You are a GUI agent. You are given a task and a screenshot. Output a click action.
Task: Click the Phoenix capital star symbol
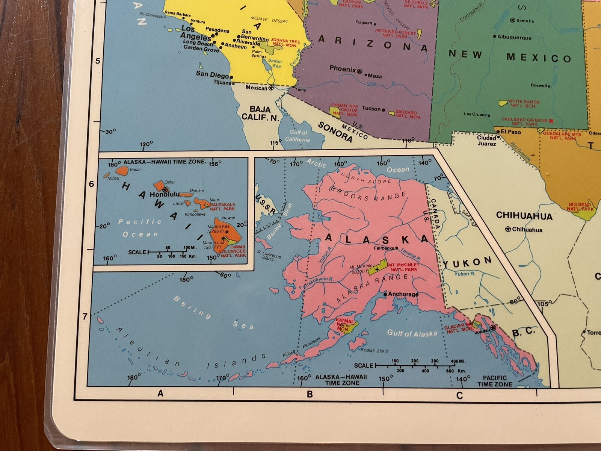pyautogui.click(x=359, y=71)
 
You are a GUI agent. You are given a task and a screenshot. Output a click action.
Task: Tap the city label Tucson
pyautogui.click(x=371, y=109)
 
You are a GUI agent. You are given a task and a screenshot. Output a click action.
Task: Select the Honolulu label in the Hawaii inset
pyautogui.click(x=165, y=195)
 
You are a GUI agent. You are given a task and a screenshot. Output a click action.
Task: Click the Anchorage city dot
pyautogui.click(x=385, y=295)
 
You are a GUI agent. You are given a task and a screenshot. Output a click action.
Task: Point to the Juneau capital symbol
pyautogui.click(x=493, y=328)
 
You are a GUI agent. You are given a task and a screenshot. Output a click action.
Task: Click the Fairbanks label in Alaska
pyautogui.click(x=384, y=248)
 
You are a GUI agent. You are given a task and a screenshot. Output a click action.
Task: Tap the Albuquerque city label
pyautogui.click(x=514, y=37)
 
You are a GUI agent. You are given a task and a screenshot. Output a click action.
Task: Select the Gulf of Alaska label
pyautogui.click(x=412, y=333)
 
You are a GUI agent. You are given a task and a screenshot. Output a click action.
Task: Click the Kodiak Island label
pyautogui.click(x=374, y=351)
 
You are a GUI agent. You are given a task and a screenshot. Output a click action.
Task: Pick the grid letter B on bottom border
pyautogui.click(x=310, y=394)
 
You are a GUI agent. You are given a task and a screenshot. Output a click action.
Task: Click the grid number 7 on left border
pyautogui.click(x=85, y=316)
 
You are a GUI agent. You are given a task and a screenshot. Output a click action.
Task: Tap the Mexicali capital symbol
pyautogui.click(x=271, y=88)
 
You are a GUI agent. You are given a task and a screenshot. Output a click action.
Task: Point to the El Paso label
pyautogui.click(x=511, y=132)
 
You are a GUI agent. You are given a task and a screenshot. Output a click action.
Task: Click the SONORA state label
pyautogui.click(x=335, y=132)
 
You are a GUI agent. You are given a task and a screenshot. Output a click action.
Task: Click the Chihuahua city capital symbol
pyautogui.click(x=508, y=229)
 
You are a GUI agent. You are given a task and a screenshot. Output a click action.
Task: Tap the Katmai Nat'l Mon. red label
pyautogui.click(x=344, y=325)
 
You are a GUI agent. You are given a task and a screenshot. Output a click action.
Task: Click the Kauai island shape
pyautogui.click(x=122, y=171)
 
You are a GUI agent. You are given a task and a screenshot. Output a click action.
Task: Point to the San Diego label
pyautogui.click(x=212, y=74)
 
